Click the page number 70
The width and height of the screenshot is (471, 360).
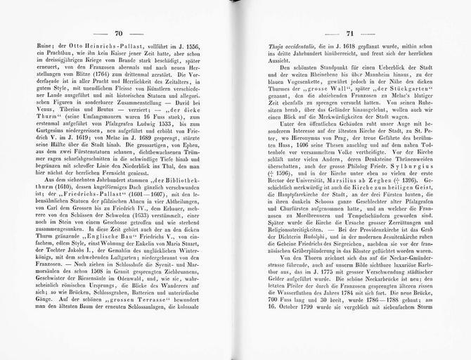118,34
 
